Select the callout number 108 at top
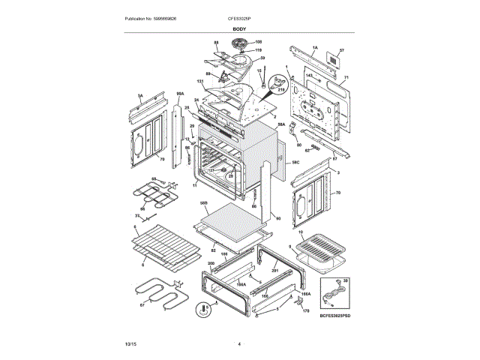point(259,41)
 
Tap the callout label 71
point(346,77)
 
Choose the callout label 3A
point(139,96)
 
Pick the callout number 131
point(200,81)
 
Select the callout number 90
point(278,218)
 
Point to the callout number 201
point(274,271)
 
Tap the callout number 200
point(211,263)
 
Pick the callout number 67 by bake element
point(142,305)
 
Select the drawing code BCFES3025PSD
point(334,317)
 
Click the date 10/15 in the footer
point(130,343)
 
